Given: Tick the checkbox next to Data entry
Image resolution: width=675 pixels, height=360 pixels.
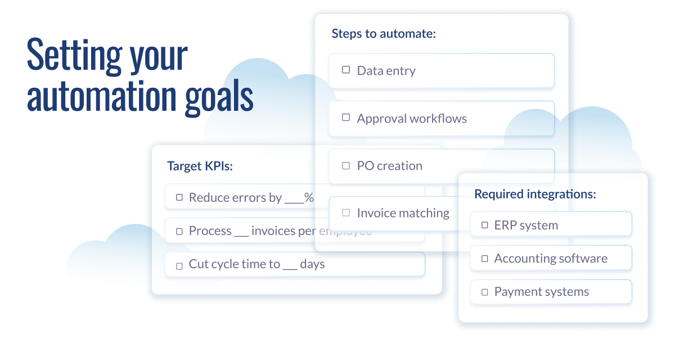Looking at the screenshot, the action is tap(346, 70).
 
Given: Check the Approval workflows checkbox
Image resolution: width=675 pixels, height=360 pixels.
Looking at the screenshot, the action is tap(346, 117).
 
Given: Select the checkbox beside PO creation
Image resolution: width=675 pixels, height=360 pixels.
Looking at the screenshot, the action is tap(346, 166).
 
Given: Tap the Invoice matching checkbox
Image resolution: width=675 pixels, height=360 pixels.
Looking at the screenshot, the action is tap(346, 213).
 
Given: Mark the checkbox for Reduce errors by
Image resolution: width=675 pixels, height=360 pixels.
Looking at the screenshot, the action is tap(179, 197).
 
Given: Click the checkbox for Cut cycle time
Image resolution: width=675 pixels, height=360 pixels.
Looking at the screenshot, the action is tap(179, 266).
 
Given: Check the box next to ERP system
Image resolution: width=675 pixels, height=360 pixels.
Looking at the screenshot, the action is tap(484, 225).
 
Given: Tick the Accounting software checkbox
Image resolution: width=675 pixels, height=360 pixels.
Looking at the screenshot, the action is tap(484, 259).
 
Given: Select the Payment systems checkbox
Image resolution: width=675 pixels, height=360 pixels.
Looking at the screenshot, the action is tap(484, 292).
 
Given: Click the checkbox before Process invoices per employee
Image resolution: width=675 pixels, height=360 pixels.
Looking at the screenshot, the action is tap(179, 231).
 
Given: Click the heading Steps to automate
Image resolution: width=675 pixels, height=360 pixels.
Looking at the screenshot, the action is tap(384, 33).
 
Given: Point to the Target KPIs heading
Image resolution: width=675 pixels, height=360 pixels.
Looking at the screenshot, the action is tap(200, 166).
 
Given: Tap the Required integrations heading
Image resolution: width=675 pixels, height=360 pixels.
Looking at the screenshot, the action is tap(535, 194).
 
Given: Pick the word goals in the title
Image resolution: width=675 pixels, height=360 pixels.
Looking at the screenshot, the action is tap(219, 97).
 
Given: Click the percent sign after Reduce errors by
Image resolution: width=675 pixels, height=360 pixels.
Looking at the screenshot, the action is tap(309, 197).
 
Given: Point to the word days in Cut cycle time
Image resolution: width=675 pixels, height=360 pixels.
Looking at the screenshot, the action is tap(312, 264).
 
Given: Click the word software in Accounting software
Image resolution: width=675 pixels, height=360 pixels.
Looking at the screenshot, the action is tap(581, 259).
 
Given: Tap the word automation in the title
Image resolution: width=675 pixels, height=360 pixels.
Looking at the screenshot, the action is tap(102, 96).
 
